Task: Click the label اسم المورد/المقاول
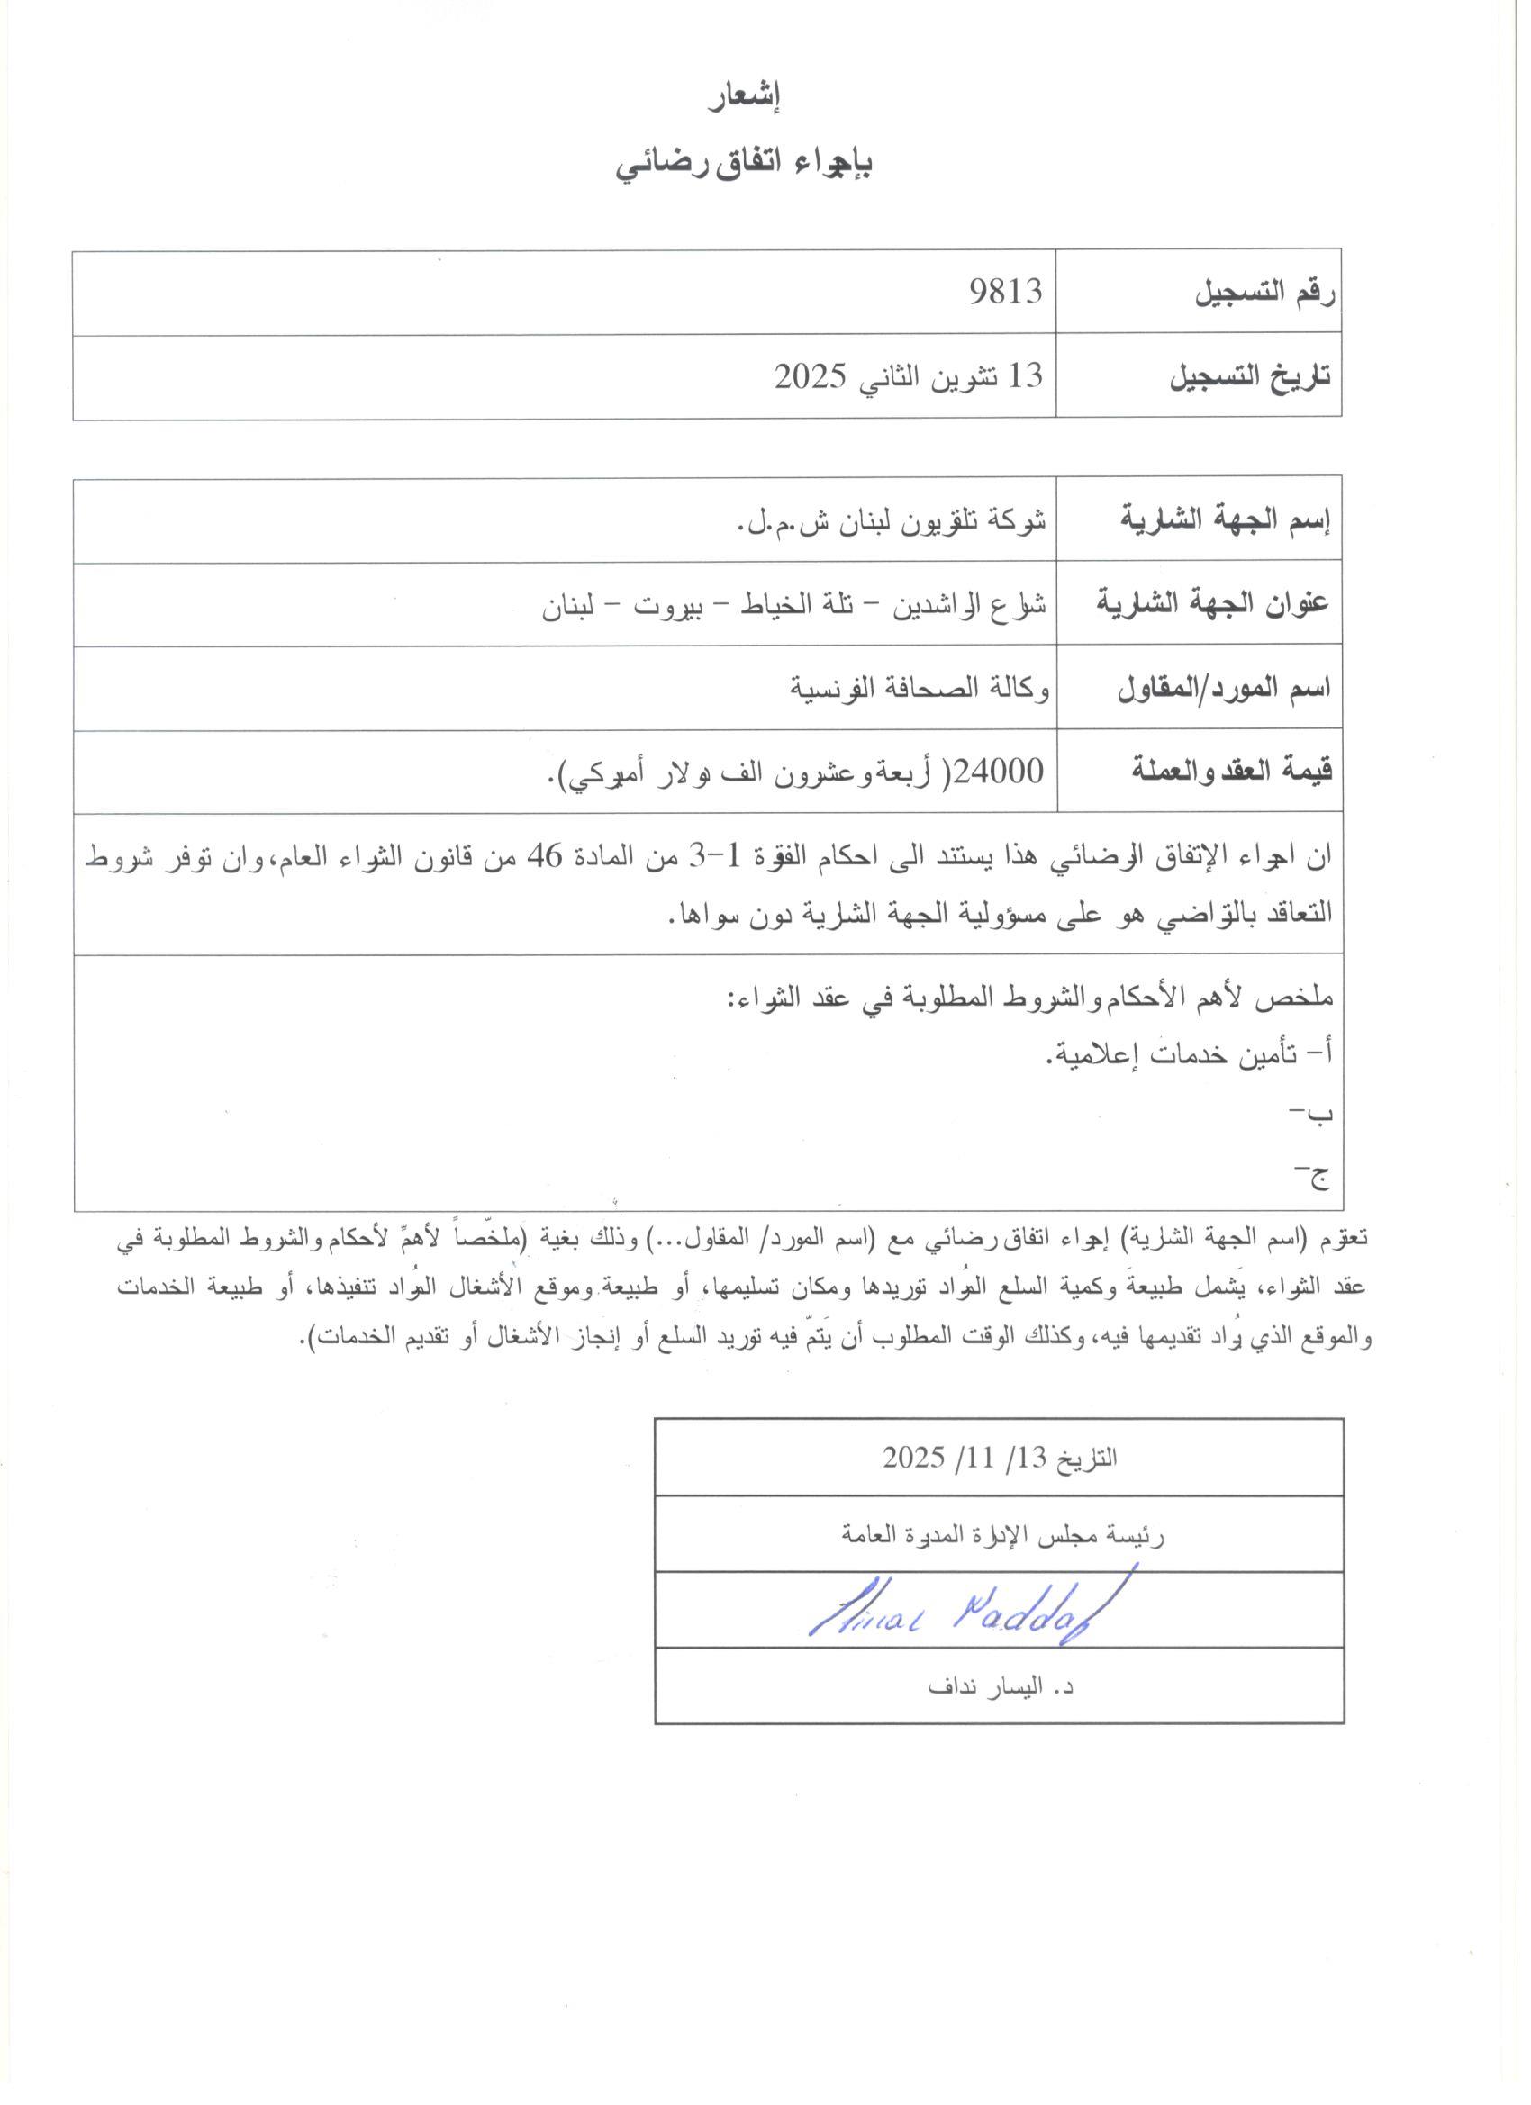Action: (x=1225, y=688)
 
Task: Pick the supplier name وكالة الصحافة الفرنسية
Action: (x=920, y=688)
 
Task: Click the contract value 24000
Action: (x=1005, y=771)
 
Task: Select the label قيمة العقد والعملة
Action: (x=1232, y=772)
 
